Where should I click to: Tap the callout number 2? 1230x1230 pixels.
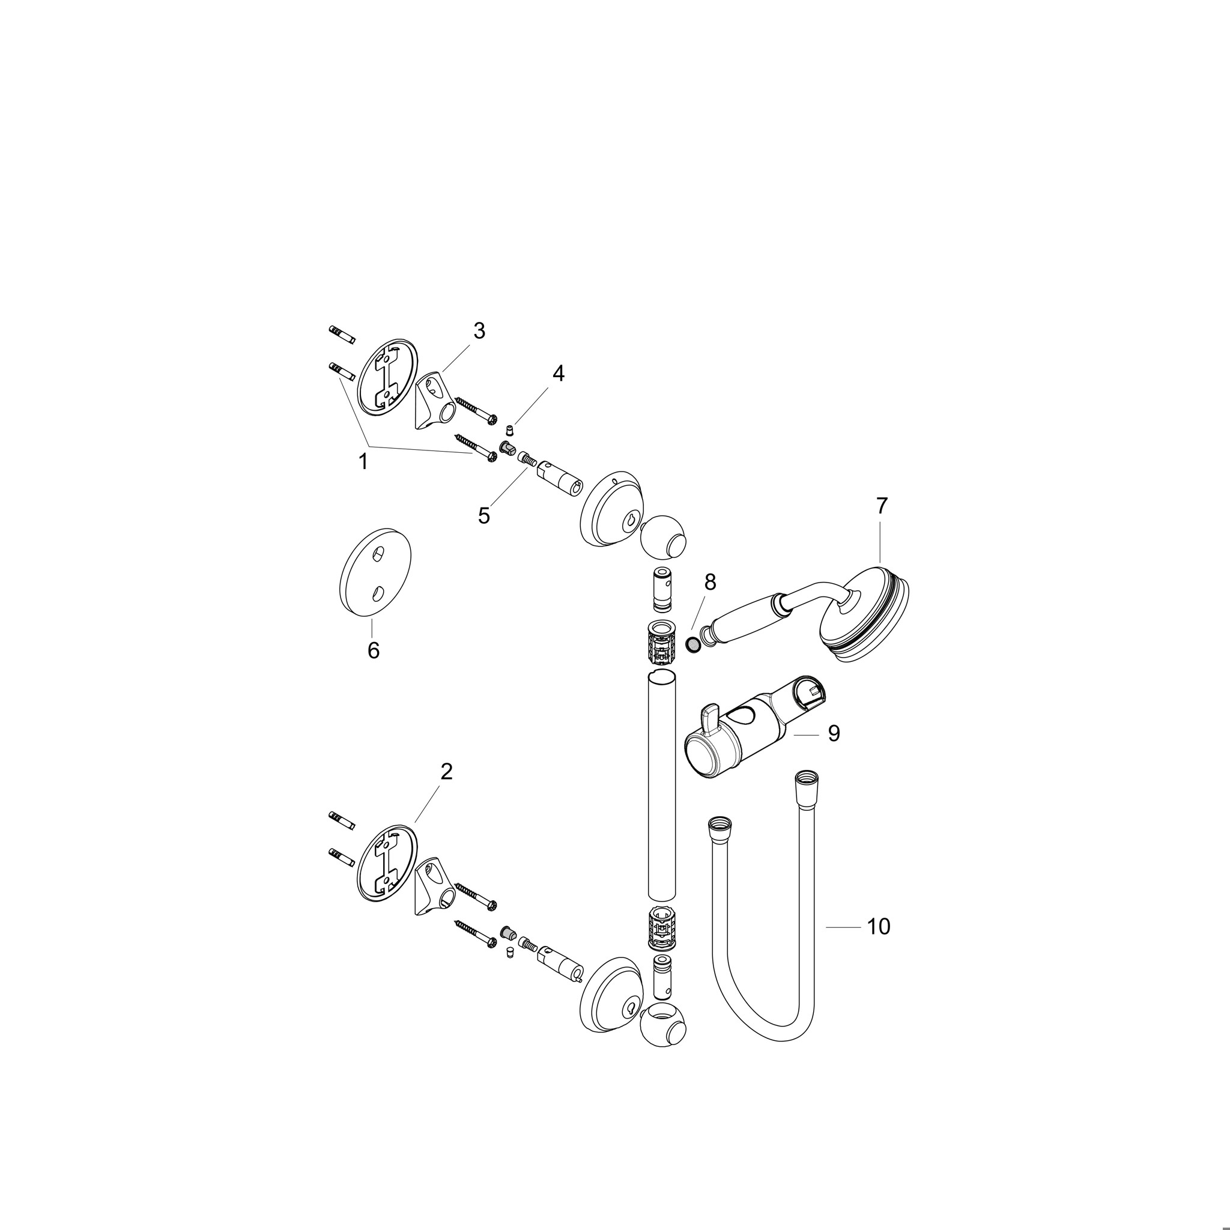(x=446, y=772)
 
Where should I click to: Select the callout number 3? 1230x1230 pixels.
(x=479, y=330)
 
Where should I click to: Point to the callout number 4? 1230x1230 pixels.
(x=558, y=373)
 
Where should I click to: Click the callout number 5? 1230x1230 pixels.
(x=484, y=516)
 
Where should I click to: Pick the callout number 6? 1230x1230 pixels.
(x=373, y=650)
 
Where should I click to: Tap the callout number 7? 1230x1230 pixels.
(x=881, y=506)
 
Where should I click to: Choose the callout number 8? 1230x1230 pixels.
(x=710, y=581)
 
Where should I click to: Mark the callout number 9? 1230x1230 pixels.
(x=834, y=733)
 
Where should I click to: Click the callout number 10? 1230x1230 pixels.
(x=879, y=927)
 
